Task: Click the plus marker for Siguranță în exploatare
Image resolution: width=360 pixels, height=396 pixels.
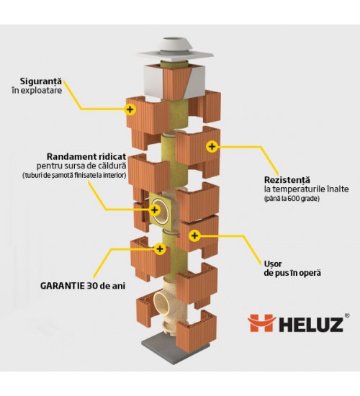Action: click(130, 109)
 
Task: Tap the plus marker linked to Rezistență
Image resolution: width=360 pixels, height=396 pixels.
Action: click(212, 146)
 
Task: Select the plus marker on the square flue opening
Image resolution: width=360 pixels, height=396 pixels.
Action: click(154, 210)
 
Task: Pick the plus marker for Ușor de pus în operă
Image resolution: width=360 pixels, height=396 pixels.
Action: click(194, 235)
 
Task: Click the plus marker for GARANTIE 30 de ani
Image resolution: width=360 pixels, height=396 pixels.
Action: click(160, 249)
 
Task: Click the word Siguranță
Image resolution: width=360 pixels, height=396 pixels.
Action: click(41, 81)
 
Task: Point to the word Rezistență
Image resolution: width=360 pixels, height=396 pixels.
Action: click(287, 180)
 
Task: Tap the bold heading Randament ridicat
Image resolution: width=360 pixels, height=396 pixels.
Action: click(86, 156)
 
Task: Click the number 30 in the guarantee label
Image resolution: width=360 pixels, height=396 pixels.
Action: click(91, 286)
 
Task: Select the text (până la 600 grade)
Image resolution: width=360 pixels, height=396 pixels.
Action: click(292, 199)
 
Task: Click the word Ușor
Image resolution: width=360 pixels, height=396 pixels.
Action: click(273, 264)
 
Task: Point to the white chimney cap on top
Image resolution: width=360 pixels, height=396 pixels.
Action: click(176, 51)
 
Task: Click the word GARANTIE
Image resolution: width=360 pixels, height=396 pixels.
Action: click(63, 286)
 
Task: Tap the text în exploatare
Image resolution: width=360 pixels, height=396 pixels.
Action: click(37, 91)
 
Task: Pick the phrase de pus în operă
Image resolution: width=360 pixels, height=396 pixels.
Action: click(292, 274)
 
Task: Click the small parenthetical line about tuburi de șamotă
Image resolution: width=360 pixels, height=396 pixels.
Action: click(73, 175)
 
